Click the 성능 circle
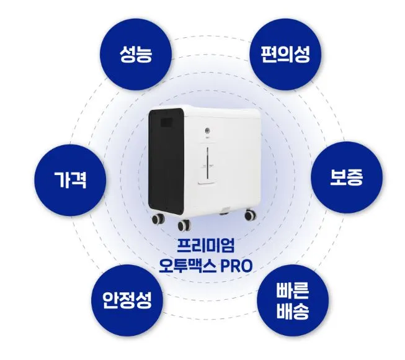[x=136, y=56]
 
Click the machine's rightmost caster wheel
[x=250, y=215]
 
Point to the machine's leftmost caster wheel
[x=156, y=218]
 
